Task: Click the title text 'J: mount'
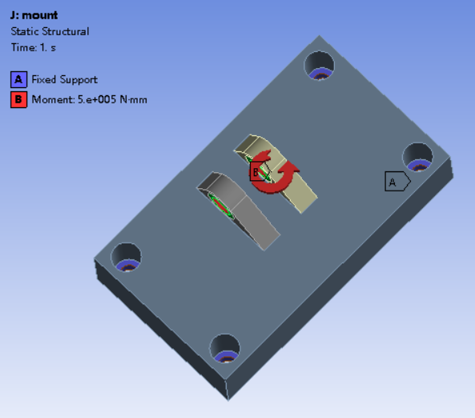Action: [34, 15]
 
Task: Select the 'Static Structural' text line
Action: [50, 31]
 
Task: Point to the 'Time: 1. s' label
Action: [34, 47]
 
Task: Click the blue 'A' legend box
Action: [18, 79]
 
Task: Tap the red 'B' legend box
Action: [18, 99]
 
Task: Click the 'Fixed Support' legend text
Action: [65, 79]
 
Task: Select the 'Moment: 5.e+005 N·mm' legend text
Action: [90, 99]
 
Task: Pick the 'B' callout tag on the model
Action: [258, 172]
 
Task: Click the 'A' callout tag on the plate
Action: [397, 182]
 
